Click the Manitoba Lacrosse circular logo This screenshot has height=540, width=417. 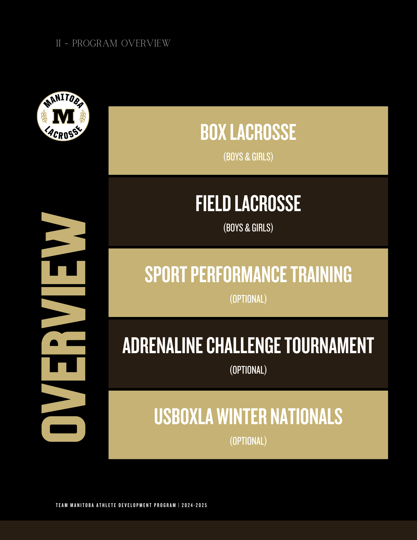pyautogui.click(x=63, y=116)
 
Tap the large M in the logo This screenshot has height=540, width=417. pyautogui.click(x=63, y=116)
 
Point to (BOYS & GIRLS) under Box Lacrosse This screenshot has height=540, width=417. pyautogui.click(x=248, y=157)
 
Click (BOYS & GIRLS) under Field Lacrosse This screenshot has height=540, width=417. pyautogui.click(x=248, y=228)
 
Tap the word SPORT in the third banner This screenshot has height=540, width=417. pyautogui.click(x=166, y=274)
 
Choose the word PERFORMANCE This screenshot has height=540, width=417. pyautogui.click(x=239, y=274)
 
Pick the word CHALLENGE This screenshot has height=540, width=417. pyautogui.click(x=243, y=345)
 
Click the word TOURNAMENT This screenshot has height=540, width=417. pyautogui.click(x=329, y=345)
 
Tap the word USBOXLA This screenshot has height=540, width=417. pyautogui.click(x=184, y=416)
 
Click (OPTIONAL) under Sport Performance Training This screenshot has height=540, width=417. pyautogui.click(x=248, y=299)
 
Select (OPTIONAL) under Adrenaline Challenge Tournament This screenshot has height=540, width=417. pyautogui.click(x=248, y=370)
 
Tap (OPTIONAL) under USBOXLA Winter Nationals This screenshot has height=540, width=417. pyautogui.click(x=248, y=441)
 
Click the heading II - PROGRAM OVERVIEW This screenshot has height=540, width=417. pyautogui.click(x=113, y=43)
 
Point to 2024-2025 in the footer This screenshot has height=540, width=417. pyautogui.click(x=194, y=505)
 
